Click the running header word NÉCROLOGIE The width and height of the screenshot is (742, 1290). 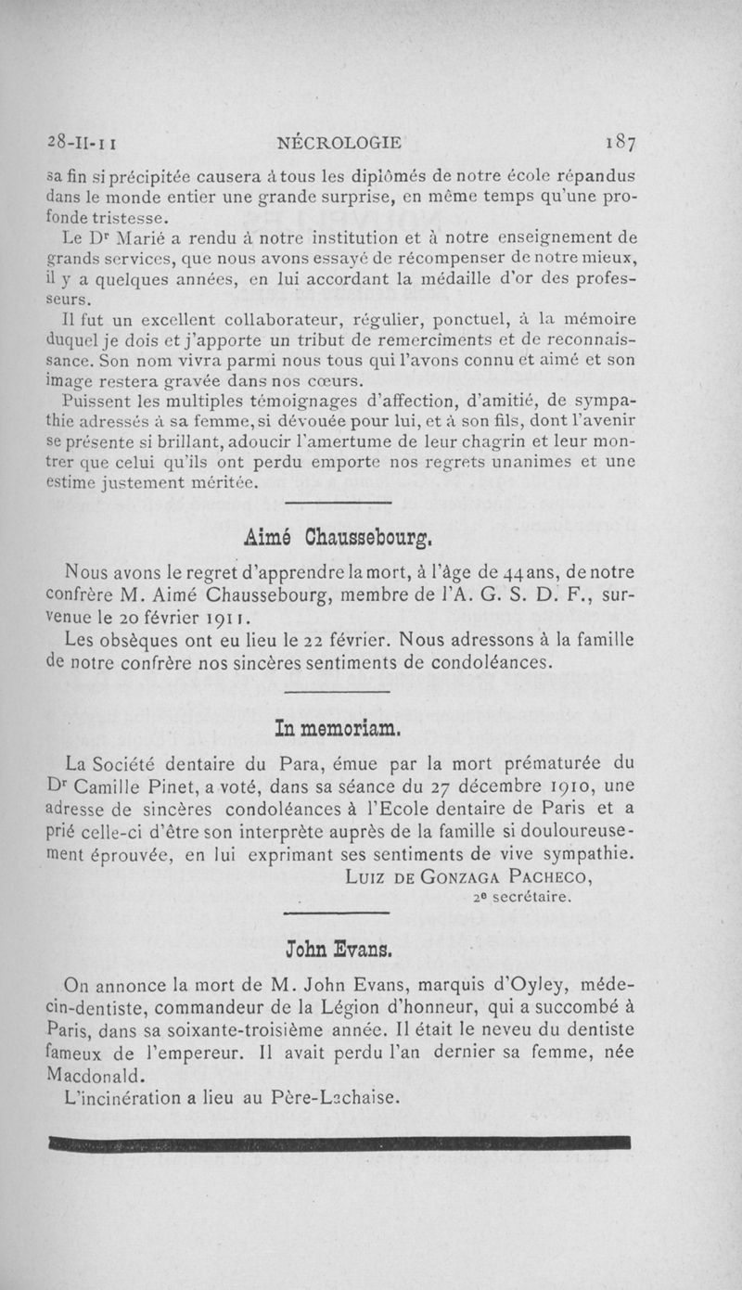[340, 143]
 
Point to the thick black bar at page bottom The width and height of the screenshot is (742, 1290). [338, 1142]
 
